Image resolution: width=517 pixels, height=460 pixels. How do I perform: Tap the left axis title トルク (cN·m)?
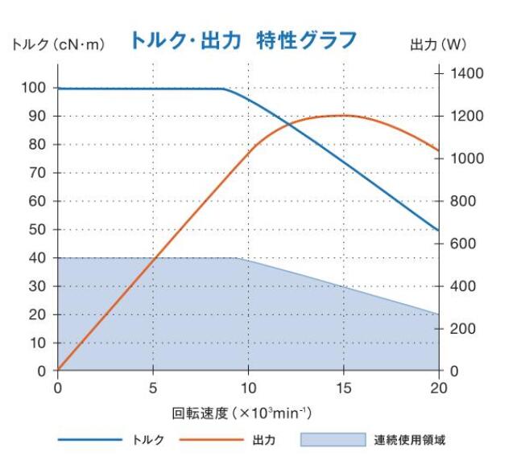click(57, 45)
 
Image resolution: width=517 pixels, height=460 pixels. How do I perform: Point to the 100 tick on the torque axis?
click(35, 88)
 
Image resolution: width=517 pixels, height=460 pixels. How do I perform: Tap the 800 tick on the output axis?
click(464, 201)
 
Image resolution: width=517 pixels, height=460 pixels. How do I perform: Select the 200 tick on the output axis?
click(464, 329)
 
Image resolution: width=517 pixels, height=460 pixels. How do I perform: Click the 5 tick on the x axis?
click(153, 388)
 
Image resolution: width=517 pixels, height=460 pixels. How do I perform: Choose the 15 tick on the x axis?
click(343, 388)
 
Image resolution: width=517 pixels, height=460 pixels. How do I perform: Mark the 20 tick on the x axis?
click(438, 388)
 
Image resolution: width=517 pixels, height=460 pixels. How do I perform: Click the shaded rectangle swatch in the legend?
click(332, 440)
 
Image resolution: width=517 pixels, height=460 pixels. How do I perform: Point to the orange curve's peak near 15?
click(345, 115)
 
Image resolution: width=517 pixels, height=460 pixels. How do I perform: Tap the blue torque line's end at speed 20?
click(438, 230)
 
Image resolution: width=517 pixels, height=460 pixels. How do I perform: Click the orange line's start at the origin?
click(58, 370)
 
